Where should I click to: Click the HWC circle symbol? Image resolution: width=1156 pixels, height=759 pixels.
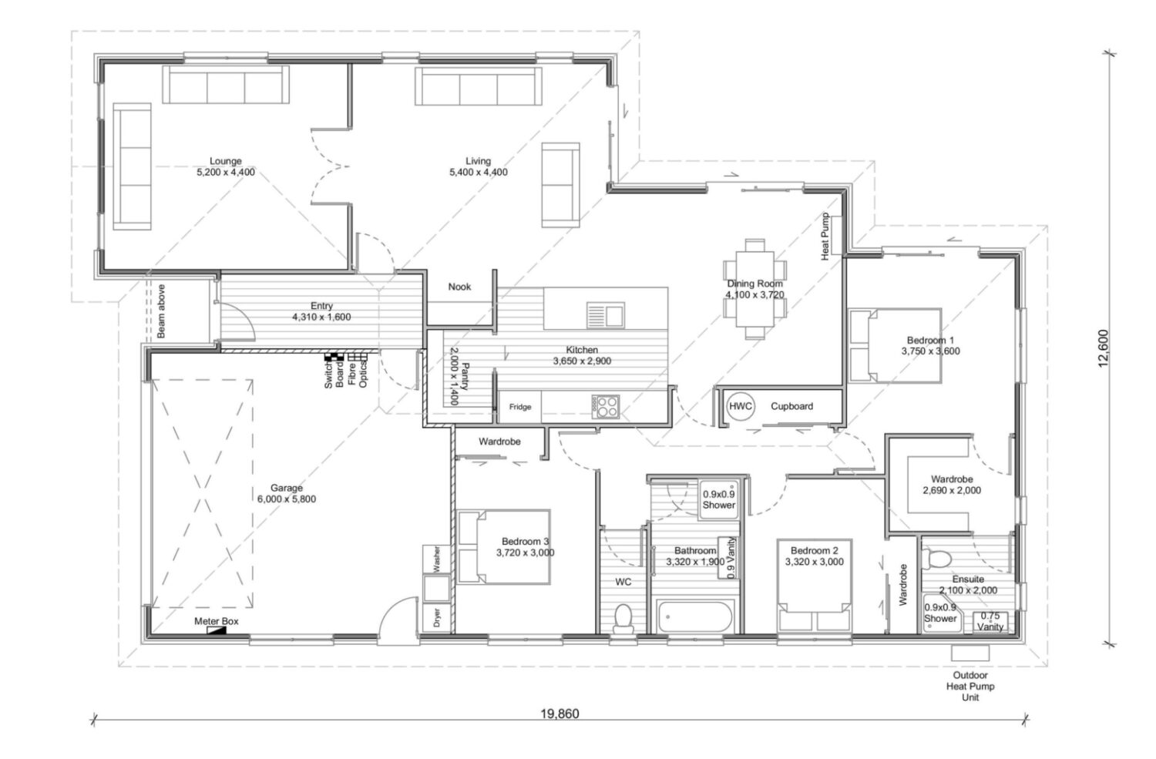741,406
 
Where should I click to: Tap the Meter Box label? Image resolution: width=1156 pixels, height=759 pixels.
216,621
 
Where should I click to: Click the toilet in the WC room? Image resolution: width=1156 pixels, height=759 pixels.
623,618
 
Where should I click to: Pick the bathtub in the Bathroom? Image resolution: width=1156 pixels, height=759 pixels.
695,616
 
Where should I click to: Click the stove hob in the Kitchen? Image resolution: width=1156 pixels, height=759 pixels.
605,406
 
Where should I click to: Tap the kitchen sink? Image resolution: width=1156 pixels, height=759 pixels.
606,315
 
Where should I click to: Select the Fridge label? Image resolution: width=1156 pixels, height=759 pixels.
519,407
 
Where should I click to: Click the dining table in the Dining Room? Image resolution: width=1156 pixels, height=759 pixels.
755,289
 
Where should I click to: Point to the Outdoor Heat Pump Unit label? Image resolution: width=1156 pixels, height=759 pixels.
969,686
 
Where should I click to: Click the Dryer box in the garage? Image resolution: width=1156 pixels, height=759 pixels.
436,616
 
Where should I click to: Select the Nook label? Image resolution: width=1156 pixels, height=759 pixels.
459,287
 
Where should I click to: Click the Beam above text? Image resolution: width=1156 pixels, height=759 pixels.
161,311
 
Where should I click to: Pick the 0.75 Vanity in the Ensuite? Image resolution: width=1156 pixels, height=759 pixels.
990,621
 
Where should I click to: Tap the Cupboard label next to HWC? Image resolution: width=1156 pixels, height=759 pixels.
791,406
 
